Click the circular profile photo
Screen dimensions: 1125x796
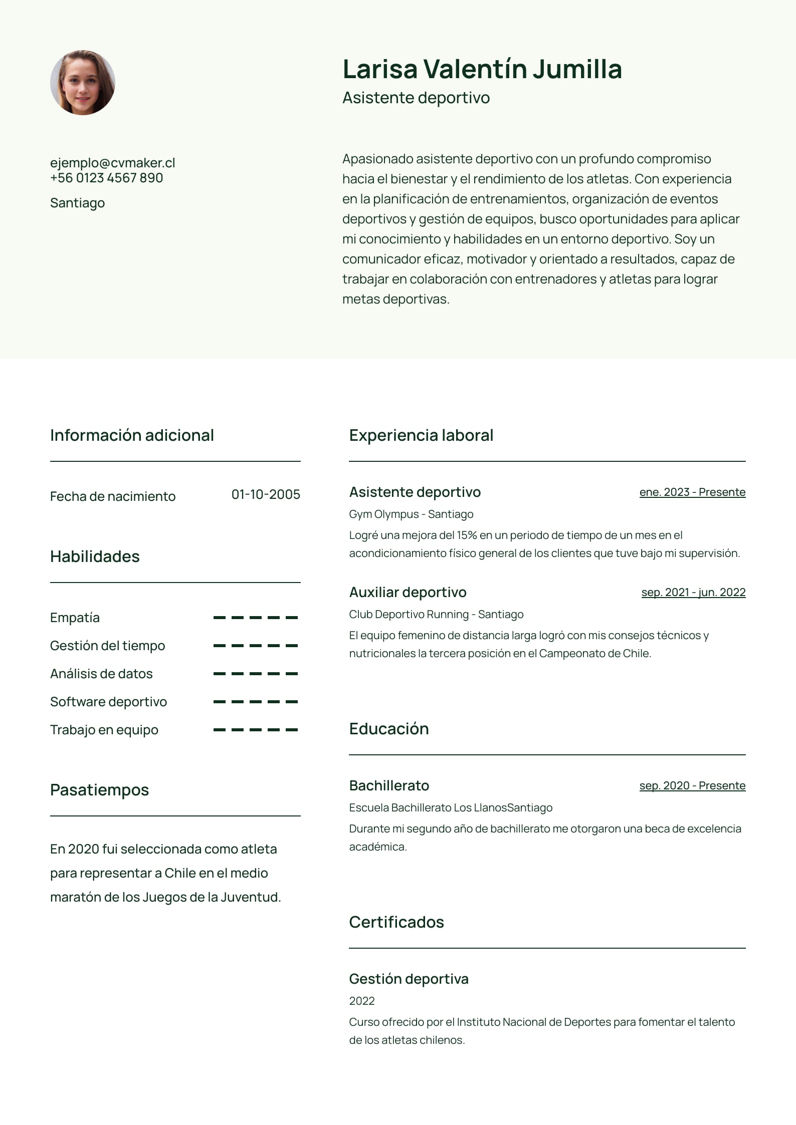(83, 83)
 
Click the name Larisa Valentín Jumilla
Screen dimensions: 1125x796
(482, 69)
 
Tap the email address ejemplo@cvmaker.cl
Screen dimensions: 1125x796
(112, 163)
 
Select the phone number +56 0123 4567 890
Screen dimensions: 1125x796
(106, 178)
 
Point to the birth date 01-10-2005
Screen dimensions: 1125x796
(266, 494)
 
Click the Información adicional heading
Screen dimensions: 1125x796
(132, 435)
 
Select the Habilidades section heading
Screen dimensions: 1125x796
(95, 556)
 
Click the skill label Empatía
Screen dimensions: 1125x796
(75, 618)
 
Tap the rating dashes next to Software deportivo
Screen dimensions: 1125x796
(255, 702)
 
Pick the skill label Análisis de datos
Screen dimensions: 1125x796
(101, 674)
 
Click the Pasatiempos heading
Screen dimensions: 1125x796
(99, 790)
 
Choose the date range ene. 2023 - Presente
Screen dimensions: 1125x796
(692, 492)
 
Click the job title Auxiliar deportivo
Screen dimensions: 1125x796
(408, 593)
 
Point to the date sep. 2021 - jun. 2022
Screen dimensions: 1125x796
(693, 593)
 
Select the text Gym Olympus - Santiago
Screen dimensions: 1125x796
(411, 514)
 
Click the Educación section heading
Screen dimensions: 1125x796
(389, 729)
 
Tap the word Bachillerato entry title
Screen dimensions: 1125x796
(389, 786)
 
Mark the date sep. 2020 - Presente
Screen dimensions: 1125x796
(692, 786)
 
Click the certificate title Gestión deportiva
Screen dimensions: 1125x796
(409, 979)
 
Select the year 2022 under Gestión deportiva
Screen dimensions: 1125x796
(362, 1001)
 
